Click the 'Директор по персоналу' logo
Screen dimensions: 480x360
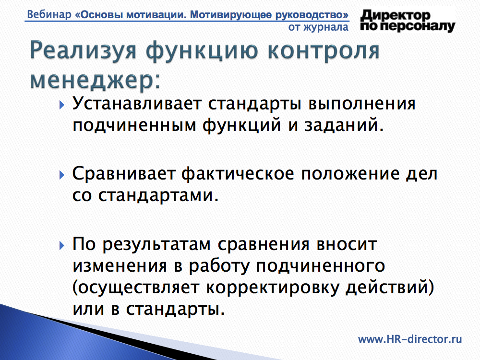point(408,21)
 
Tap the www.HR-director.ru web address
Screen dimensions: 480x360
point(410,339)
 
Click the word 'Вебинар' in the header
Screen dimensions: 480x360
point(49,14)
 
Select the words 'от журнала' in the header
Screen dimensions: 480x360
point(318,27)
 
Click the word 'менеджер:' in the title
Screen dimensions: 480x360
point(95,80)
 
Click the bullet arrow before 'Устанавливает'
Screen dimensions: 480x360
point(62,105)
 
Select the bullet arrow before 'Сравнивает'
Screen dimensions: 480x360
point(62,175)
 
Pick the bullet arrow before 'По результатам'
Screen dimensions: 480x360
point(62,245)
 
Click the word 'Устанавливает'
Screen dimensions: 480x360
point(136,104)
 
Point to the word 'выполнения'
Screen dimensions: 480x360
point(362,104)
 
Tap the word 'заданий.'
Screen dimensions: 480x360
point(344,125)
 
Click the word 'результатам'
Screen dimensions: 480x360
point(156,245)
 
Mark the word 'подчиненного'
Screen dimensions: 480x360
point(321,266)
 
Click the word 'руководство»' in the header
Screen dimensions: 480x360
point(312,15)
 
